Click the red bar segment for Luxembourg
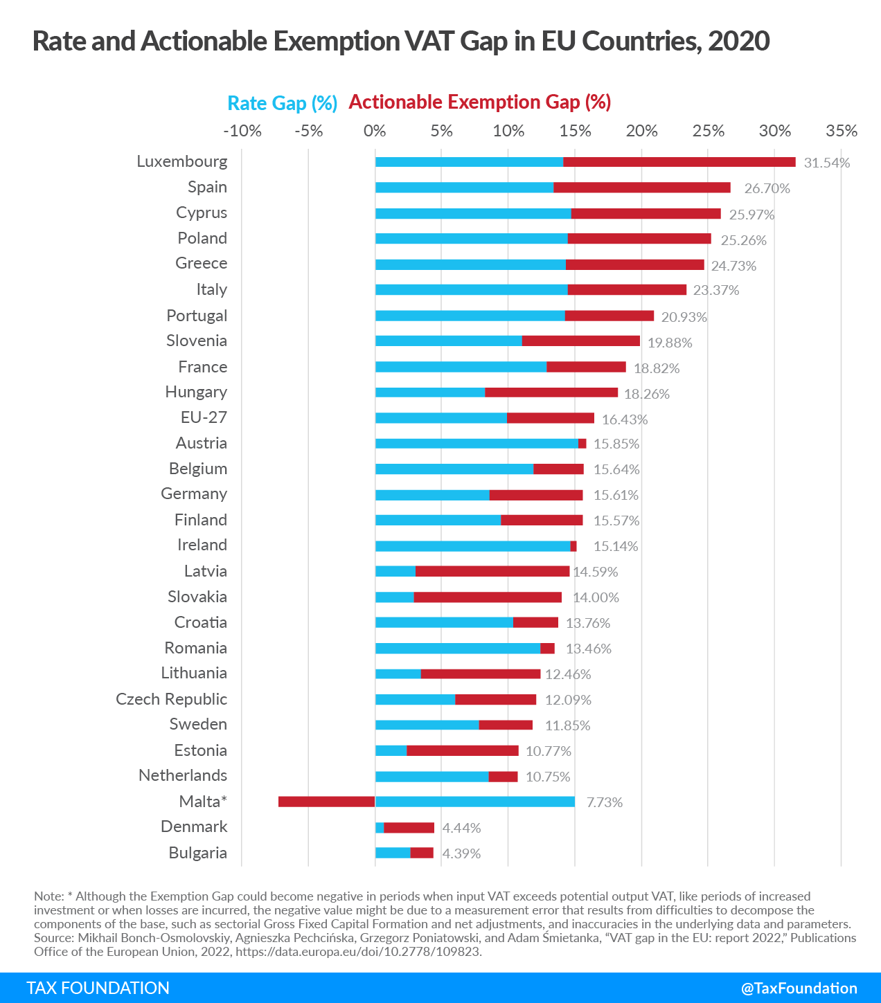[679, 162]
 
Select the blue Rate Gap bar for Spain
[464, 188]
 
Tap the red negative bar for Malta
[326, 802]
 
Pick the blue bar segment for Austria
[477, 444]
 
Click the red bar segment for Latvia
[492, 571]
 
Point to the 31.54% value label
[826, 163]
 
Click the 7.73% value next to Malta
[604, 802]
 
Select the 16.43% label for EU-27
[624, 419]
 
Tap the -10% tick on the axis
[242, 131]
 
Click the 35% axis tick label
[841, 131]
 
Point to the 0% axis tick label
[375, 131]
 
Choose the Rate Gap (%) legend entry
[282, 103]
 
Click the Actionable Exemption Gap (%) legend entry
[479, 102]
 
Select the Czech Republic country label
[171, 699]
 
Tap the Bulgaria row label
[197, 853]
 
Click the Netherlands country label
[183, 775]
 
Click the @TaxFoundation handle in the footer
[799, 988]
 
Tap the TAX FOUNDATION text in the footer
[98, 988]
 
